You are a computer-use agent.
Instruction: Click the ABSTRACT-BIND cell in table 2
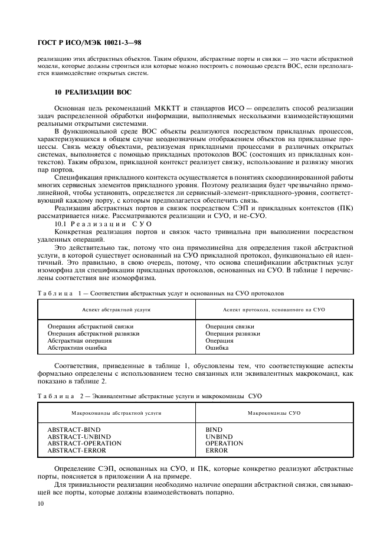tap(74, 429)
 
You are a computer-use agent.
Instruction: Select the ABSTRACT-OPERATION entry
tap(84, 443)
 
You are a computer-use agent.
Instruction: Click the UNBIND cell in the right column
tap(219, 436)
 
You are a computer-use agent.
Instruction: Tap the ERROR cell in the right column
tap(216, 450)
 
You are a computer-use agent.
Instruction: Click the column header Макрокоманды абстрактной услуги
tap(116, 412)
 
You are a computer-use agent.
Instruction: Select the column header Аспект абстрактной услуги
tap(116, 310)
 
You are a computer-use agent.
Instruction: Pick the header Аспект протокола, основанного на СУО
tap(274, 310)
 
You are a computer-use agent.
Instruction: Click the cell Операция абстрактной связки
tap(90, 326)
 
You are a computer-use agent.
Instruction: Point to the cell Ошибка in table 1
tap(217, 348)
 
